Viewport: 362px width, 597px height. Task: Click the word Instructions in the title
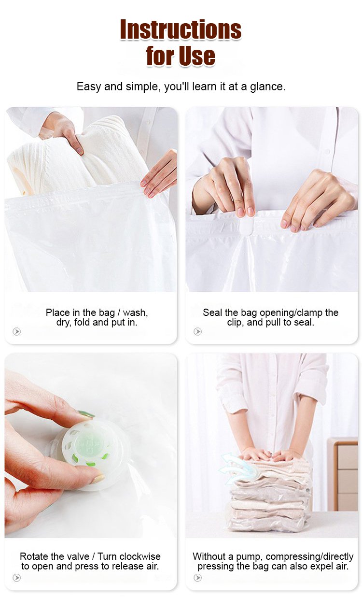pos(181,29)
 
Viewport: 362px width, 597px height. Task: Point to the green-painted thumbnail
pos(86,414)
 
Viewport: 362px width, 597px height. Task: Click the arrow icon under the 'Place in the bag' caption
pos(17,331)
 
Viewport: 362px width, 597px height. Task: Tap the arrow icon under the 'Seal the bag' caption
pos(197,331)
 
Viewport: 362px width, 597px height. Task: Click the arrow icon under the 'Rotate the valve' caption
pos(17,578)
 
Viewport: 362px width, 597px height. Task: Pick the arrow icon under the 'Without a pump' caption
pos(197,578)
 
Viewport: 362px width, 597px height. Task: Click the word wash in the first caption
pos(135,313)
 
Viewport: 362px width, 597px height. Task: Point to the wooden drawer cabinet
pos(343,474)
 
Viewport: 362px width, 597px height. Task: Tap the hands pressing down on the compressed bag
pos(268,455)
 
